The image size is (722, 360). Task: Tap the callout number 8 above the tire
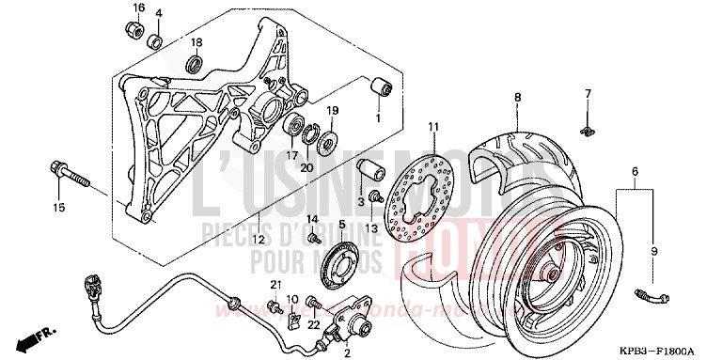pos(517,97)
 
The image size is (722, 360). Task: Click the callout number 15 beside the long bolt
pos(58,207)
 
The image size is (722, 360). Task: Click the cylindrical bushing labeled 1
pos(382,90)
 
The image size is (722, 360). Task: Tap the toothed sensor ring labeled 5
pos(342,261)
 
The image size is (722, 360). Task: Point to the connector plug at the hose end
pos(91,283)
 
